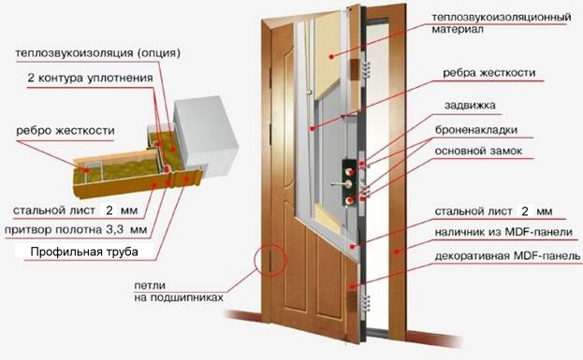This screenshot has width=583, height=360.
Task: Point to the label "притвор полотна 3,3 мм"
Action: (x=75, y=228)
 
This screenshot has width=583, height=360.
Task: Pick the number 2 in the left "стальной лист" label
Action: (x=109, y=210)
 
